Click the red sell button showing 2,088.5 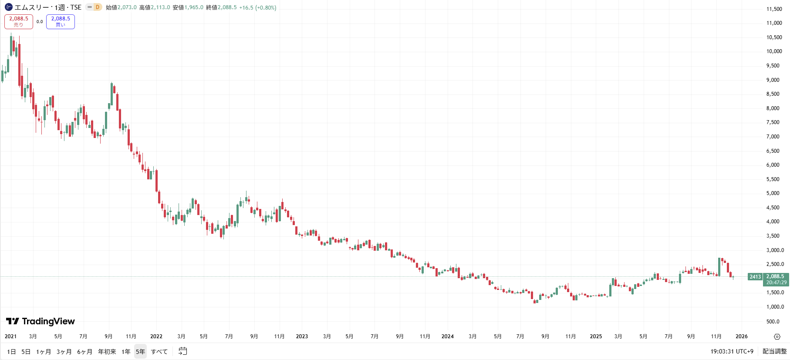point(19,21)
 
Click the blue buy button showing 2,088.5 point(61,21)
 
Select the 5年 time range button point(140,352)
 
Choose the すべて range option point(159,352)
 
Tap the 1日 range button point(11,352)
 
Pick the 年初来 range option point(107,352)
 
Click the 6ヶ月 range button point(84,352)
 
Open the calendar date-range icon point(183,351)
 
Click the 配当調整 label point(774,351)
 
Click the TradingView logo point(41,321)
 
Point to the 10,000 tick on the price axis point(774,51)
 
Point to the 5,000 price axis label point(773,193)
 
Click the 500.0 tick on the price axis point(773,322)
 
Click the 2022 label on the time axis point(156,336)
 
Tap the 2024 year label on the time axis point(447,336)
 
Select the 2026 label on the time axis point(741,336)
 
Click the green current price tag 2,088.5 point(776,279)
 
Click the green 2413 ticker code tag point(755,277)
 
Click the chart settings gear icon point(777,336)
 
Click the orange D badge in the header point(97,7)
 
